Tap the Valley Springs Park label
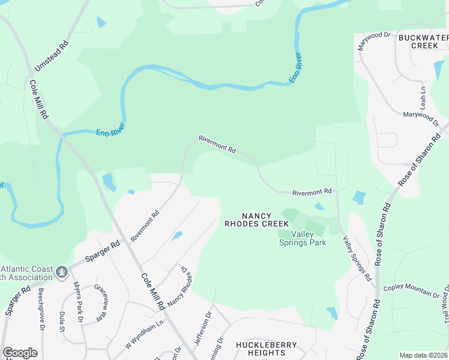303,238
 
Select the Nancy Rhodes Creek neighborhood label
256,220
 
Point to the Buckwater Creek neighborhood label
423,41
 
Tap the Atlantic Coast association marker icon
61,273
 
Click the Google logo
20,353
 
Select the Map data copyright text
424,355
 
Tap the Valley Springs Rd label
357,258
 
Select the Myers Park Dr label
77,301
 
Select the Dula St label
62,320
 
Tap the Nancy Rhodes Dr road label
181,287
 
